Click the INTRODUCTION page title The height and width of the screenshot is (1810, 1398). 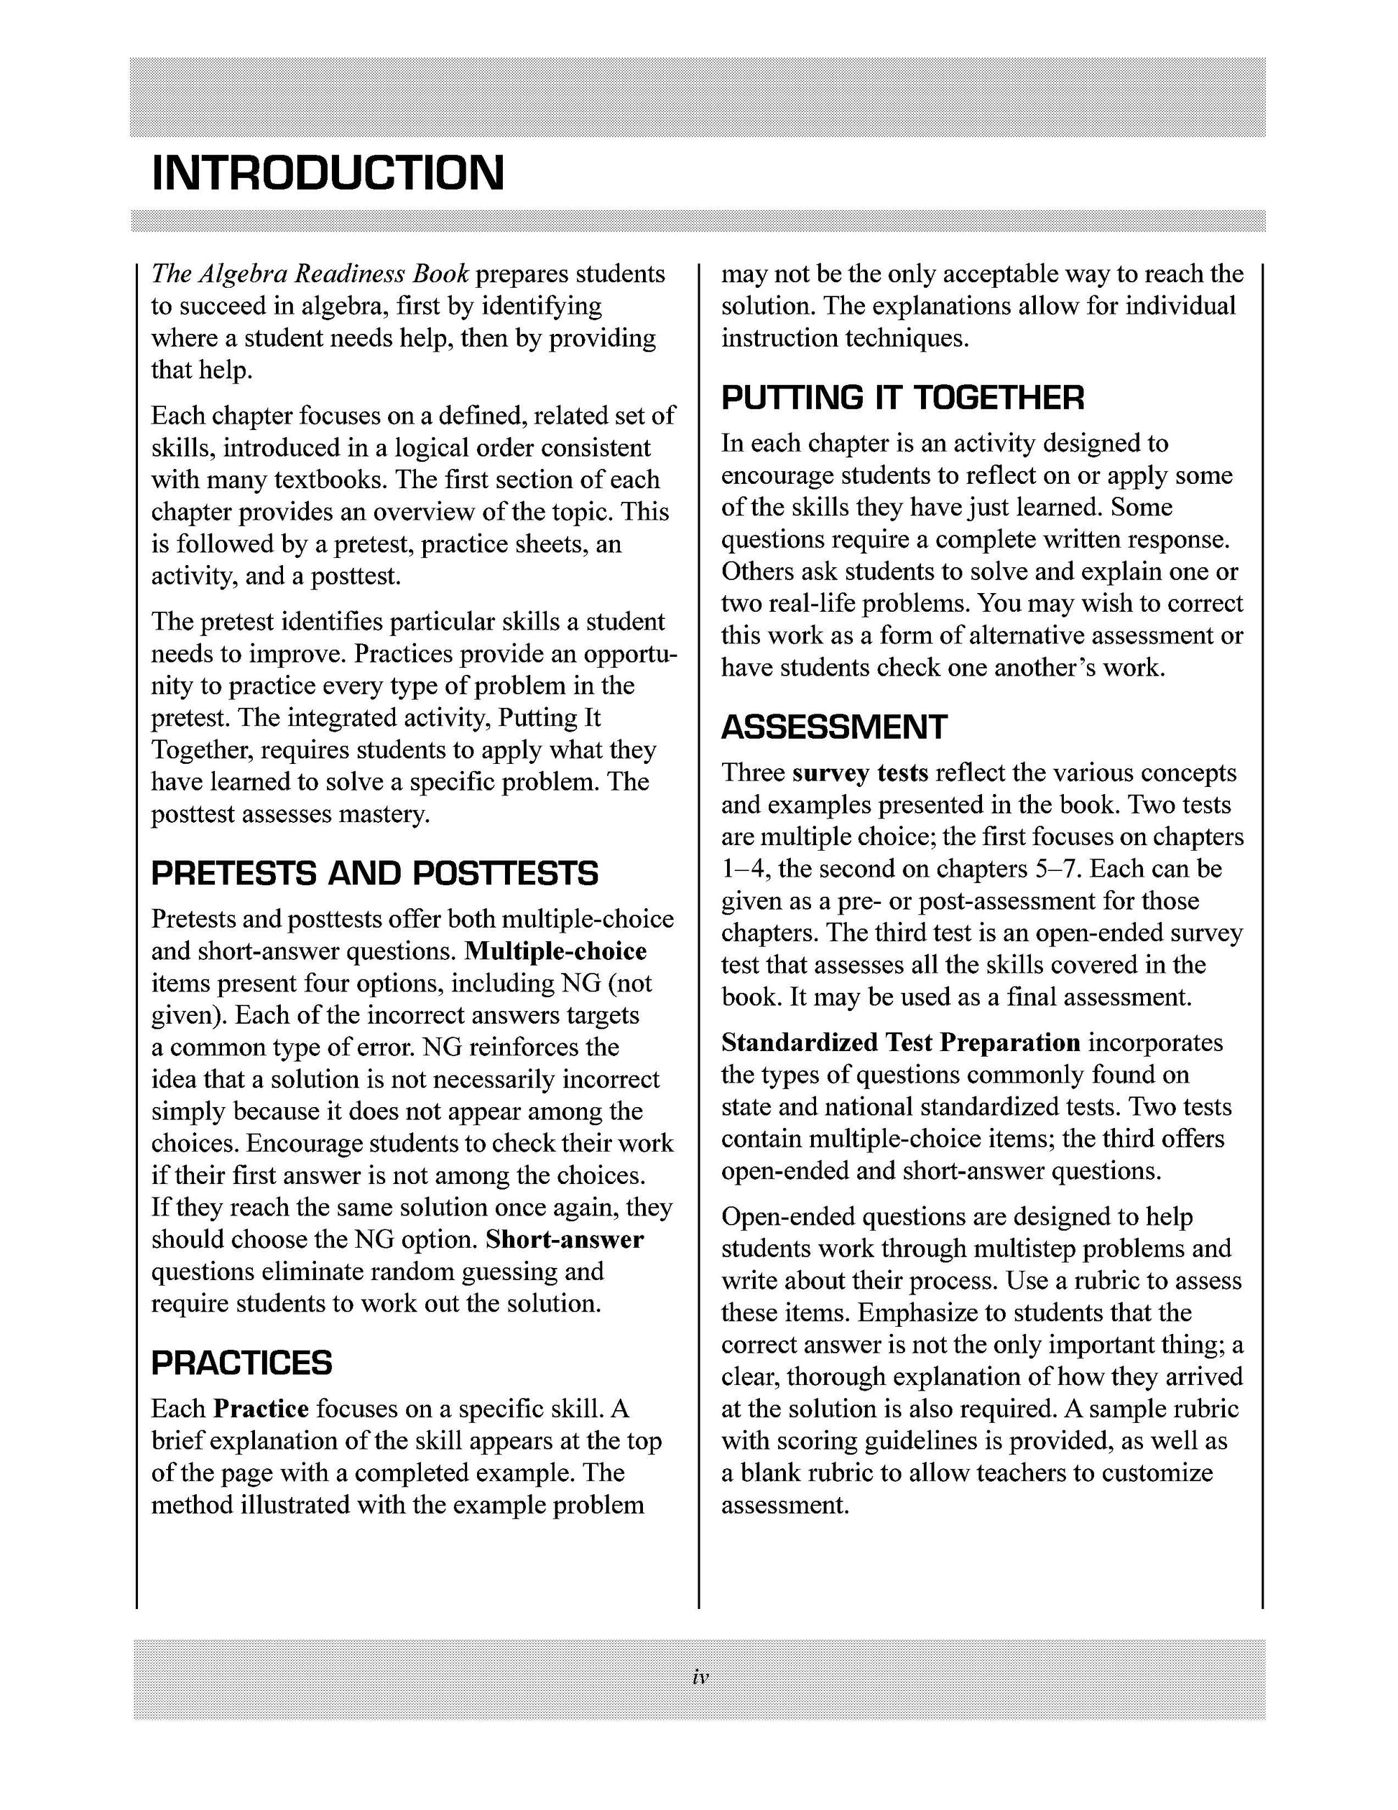328,173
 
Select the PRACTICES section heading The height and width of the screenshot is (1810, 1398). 241,1363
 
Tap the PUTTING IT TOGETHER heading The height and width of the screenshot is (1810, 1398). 902,398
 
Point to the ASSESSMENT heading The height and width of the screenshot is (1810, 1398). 833,727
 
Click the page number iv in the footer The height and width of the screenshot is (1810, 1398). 699,1677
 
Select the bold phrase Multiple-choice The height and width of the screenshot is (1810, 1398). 555,951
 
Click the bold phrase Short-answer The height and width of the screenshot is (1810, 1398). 565,1239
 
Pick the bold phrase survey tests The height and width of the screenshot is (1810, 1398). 860,773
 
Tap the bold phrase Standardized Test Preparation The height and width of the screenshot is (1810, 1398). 900,1042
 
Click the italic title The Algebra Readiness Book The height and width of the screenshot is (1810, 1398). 310,274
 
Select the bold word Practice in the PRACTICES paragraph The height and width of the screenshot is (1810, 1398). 261,1408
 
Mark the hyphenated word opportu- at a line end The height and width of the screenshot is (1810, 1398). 630,654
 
